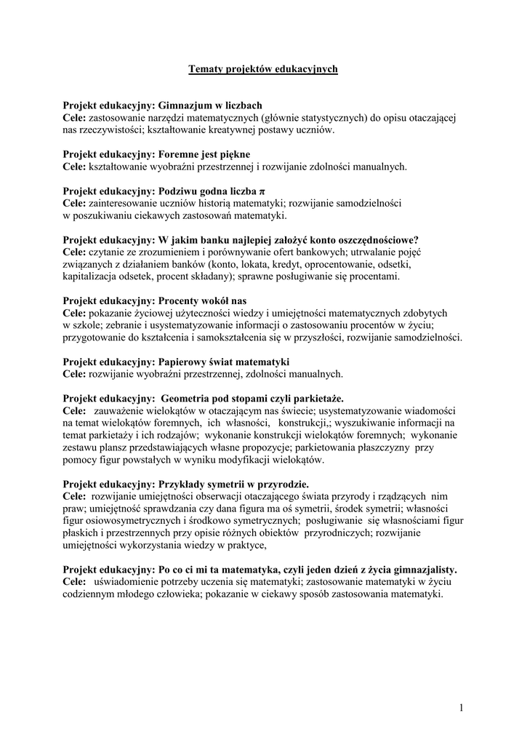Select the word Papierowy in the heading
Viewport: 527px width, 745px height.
point(185,362)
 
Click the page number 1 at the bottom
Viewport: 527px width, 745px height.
point(462,707)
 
